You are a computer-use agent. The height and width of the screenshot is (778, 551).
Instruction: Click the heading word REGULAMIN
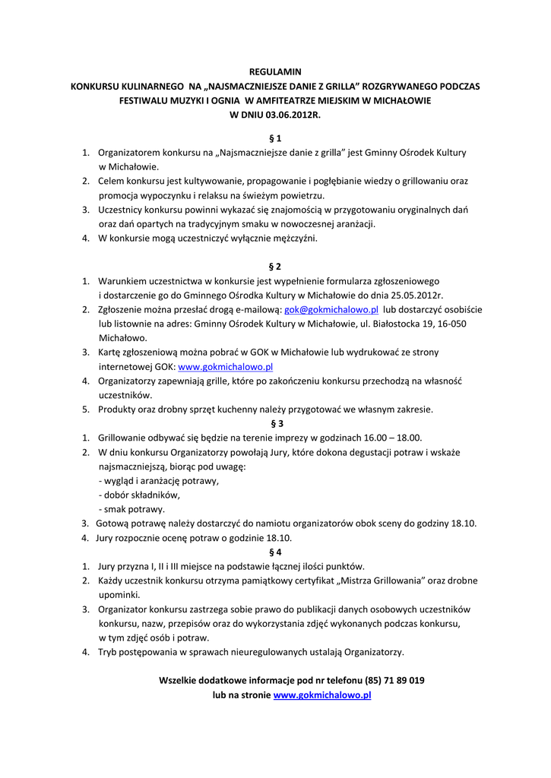[275, 71]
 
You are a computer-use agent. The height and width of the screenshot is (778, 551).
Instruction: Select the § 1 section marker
[275, 138]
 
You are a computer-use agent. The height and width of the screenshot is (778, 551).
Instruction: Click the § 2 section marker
[275, 267]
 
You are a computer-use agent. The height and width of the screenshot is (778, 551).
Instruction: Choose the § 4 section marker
[275, 552]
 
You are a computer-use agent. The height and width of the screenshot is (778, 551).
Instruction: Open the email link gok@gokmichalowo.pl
[331, 310]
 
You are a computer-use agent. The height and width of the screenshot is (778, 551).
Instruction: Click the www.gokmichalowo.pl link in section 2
[225, 366]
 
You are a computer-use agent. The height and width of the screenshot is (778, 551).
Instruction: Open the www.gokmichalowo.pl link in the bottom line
[321, 694]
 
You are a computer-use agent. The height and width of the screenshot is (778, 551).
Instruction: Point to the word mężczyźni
[293, 238]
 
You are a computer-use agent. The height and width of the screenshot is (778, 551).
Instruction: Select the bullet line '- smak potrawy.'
[131, 509]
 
